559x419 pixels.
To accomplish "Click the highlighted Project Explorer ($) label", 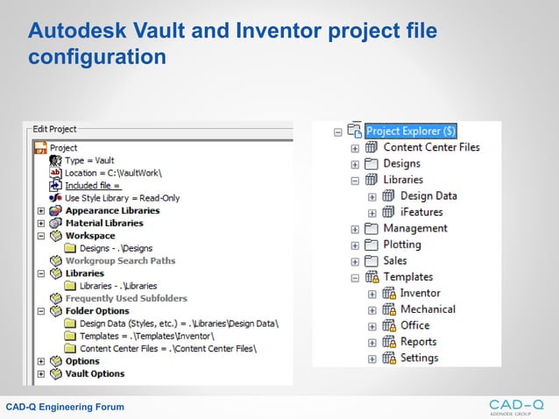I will pos(411,131).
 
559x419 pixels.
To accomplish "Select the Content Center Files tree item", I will pos(431,147).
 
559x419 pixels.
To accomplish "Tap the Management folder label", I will pos(414,229).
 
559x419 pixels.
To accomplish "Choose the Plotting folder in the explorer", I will pos(401,245).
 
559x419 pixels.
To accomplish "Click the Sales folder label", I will pos(394,260).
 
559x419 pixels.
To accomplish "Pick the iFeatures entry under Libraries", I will pos(421,212).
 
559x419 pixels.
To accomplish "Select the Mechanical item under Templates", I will pos(428,309).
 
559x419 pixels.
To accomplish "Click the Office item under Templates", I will pos(414,325).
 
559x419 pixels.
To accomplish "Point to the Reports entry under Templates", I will pos(418,342).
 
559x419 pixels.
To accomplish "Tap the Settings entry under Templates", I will pos(419,358).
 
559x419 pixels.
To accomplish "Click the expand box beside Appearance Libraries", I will pos(41,210).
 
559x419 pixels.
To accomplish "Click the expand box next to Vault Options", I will pos(41,373).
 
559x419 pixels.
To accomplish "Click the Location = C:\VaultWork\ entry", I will pos(113,174).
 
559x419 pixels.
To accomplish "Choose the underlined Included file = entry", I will pos(92,186).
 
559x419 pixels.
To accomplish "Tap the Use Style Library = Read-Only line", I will pos(122,198).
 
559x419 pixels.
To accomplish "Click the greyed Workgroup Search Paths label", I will pos(120,260).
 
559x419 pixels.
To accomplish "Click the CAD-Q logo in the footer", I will pos(516,406).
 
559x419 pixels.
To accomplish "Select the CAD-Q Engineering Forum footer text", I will pos(65,407).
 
